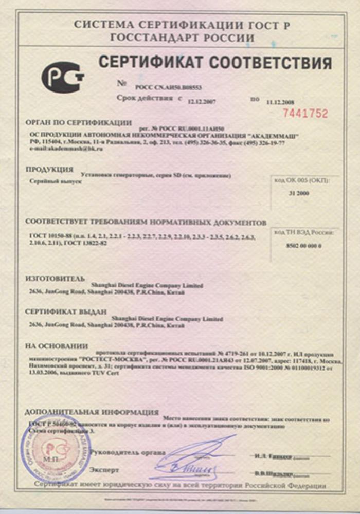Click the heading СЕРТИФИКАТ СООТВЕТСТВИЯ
coord(215,63)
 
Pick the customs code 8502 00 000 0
coord(303,246)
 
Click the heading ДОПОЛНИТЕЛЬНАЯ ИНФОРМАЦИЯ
coord(92,412)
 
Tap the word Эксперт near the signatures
coord(104,470)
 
